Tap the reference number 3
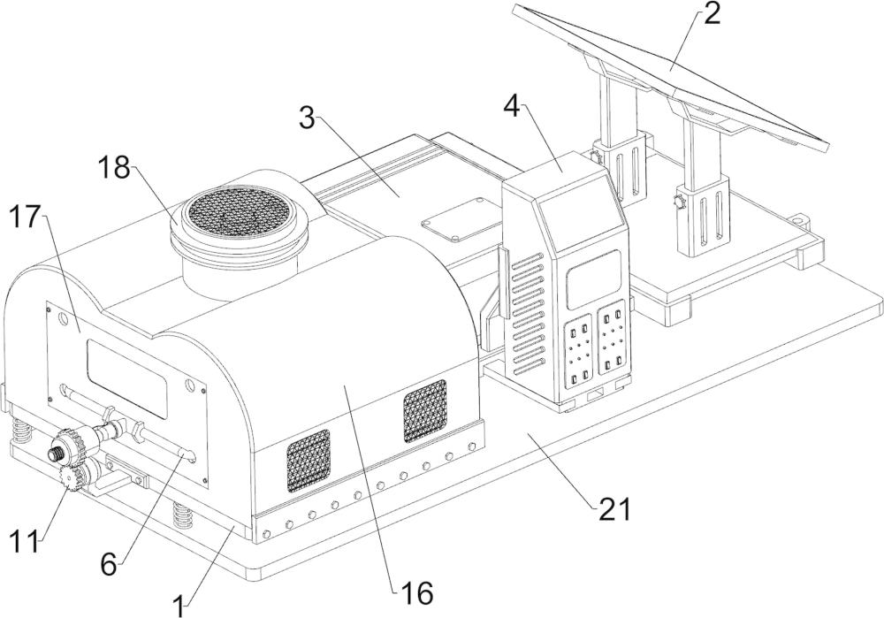308,118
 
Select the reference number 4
511,107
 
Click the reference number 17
26,217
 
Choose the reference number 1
179,608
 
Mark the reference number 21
613,510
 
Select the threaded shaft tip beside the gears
56,452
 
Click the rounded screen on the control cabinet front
594,279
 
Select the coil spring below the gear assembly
181,515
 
